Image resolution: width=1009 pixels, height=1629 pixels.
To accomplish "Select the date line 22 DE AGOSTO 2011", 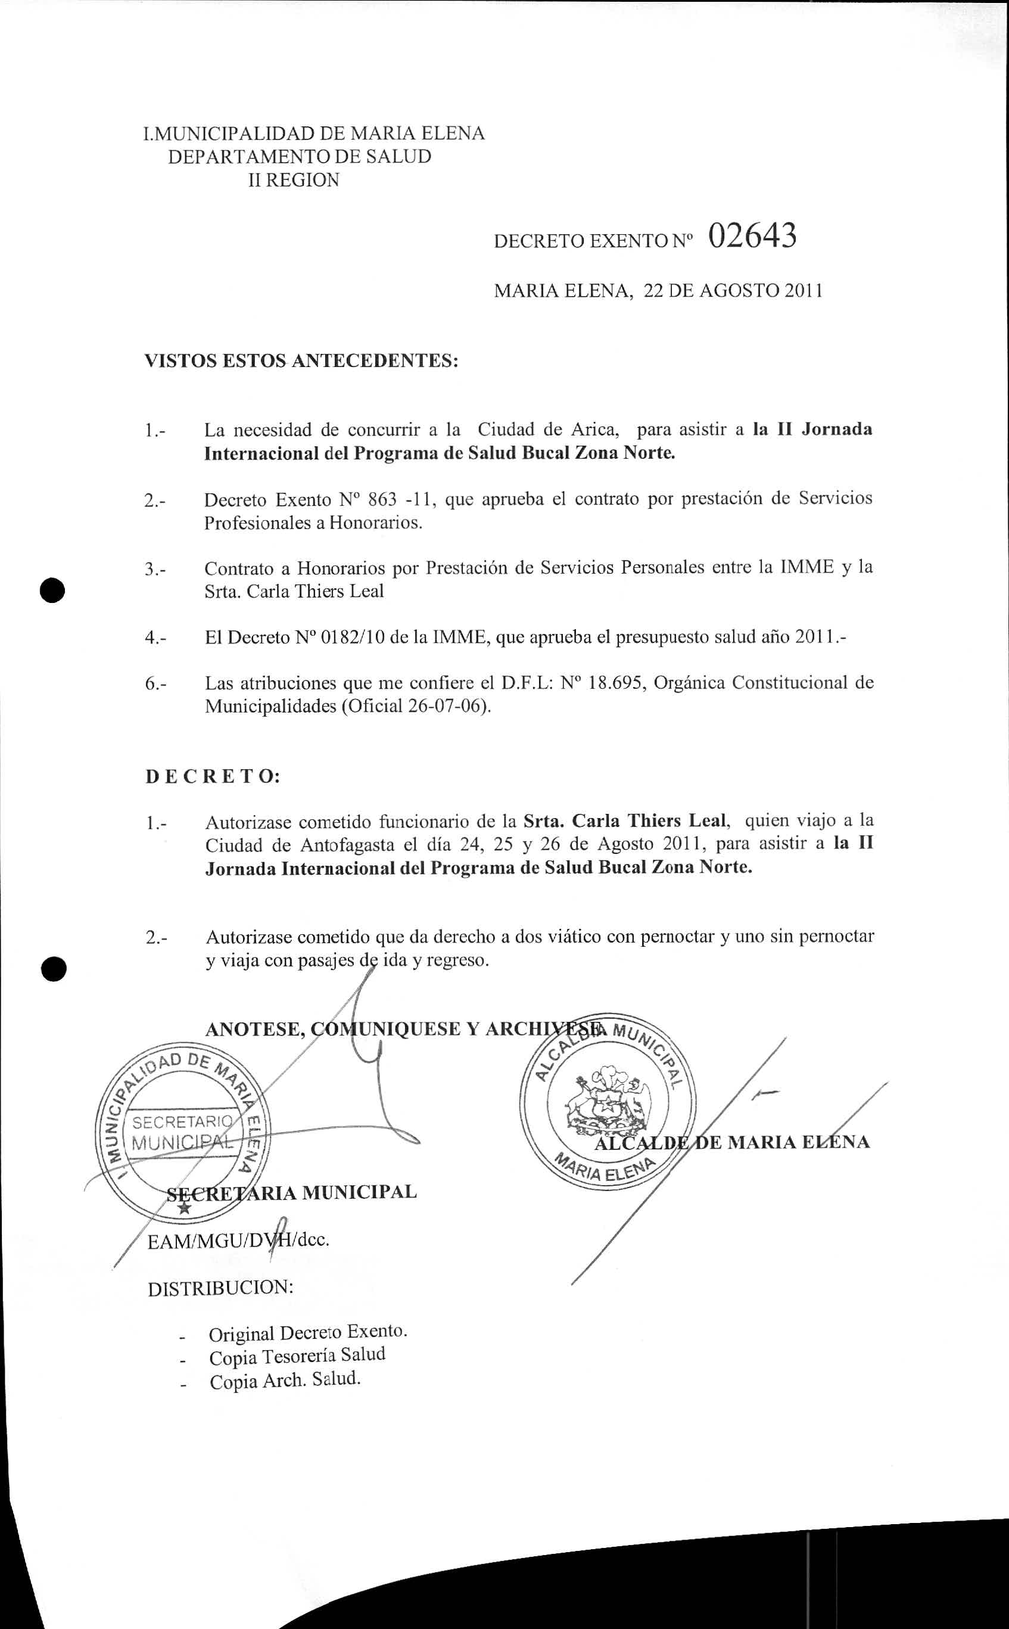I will (732, 291).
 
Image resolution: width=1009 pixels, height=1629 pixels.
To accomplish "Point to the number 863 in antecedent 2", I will (382, 499).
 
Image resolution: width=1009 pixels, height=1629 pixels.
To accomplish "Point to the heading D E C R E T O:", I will (213, 776).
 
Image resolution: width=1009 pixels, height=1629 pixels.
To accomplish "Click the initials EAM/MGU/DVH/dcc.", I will (238, 1241).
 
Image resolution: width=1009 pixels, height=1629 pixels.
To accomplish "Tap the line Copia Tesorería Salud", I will (297, 1357).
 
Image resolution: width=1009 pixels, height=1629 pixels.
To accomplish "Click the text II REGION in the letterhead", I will (293, 180).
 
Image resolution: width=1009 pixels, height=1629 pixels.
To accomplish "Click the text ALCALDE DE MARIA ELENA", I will (732, 1142).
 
